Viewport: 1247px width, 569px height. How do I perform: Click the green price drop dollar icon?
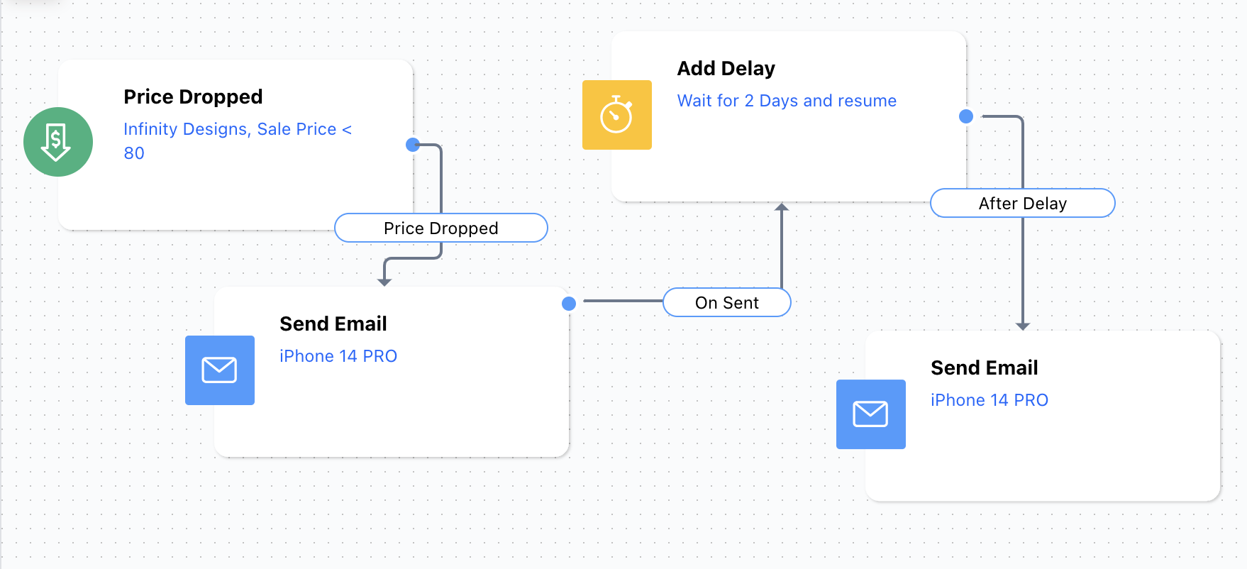[x=58, y=142]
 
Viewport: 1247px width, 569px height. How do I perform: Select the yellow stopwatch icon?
[x=617, y=115]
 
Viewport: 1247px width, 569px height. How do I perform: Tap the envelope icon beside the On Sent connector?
[x=220, y=370]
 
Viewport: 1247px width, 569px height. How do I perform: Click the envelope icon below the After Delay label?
[x=871, y=414]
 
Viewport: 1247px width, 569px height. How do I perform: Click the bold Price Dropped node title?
[x=193, y=96]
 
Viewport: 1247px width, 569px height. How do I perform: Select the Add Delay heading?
[x=726, y=68]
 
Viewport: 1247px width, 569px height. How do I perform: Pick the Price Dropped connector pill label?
[x=441, y=228]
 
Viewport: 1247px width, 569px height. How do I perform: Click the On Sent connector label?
[x=727, y=302]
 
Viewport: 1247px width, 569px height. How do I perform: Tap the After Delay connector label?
[x=1023, y=203]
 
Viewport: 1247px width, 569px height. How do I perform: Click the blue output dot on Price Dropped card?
[x=413, y=145]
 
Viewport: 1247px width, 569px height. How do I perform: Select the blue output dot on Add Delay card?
[x=966, y=116]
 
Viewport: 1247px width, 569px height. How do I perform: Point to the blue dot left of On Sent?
[x=569, y=304]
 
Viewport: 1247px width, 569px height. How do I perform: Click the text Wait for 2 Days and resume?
[x=787, y=101]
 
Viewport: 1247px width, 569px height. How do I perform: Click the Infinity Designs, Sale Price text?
[x=230, y=129]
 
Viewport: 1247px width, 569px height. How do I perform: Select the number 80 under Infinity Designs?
[x=134, y=153]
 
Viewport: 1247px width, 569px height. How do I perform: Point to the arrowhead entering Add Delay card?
[x=782, y=207]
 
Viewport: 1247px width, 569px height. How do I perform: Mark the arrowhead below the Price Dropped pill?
[x=384, y=282]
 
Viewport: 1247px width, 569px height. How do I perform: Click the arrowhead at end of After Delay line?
[x=1023, y=326]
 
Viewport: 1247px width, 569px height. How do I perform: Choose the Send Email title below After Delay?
[x=985, y=368]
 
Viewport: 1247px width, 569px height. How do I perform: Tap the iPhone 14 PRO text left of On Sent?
[x=338, y=356]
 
